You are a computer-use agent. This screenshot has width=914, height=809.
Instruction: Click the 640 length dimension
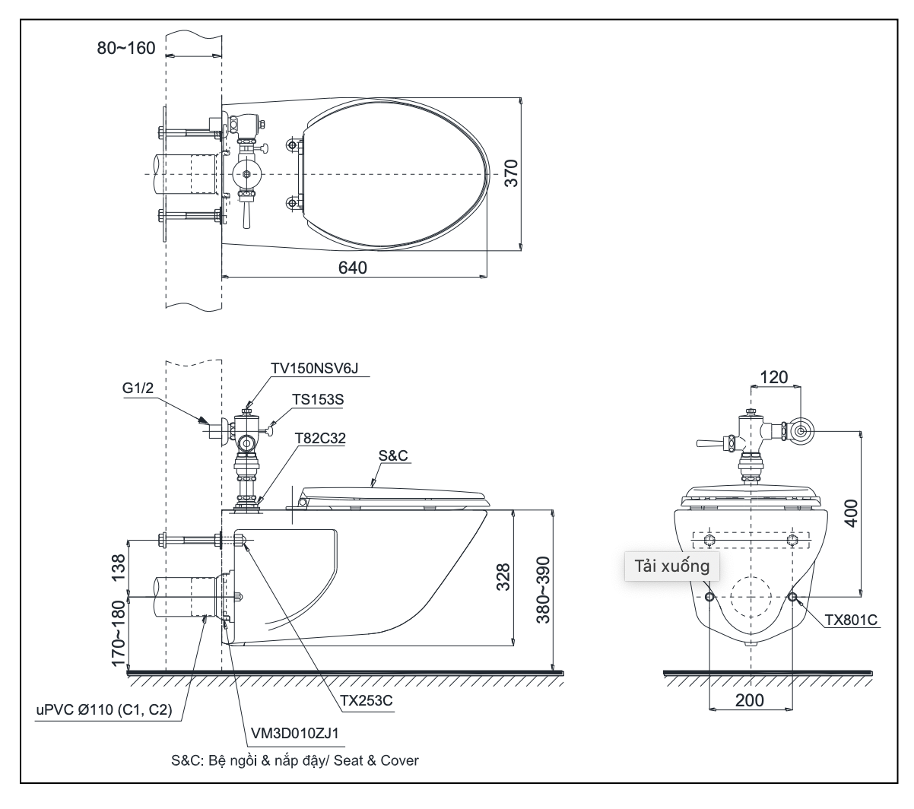click(353, 268)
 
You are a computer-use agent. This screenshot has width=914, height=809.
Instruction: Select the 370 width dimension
click(513, 173)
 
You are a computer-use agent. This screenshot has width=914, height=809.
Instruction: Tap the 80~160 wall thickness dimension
click(125, 48)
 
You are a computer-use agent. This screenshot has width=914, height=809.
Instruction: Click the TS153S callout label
click(322, 398)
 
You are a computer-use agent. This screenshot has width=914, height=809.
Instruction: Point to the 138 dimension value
click(119, 569)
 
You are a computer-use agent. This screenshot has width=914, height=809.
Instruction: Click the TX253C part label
click(368, 701)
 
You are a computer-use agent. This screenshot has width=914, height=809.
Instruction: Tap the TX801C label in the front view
click(851, 620)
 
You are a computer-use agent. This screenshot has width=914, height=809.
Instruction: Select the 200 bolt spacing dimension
click(750, 700)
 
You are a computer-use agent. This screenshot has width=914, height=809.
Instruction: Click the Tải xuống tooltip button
click(667, 566)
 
